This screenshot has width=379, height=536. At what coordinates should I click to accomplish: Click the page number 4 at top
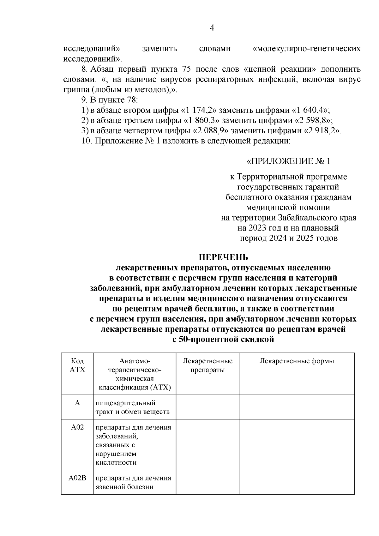pyautogui.click(x=212, y=28)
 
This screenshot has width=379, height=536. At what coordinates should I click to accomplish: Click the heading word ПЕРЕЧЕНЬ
pyautogui.click(x=223, y=257)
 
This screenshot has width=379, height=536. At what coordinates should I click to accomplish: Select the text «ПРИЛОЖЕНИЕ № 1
pyautogui.click(x=288, y=161)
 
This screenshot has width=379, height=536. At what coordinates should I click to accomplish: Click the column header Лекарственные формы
pyautogui.click(x=297, y=361)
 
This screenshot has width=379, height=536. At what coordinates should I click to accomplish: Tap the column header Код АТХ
pyautogui.click(x=77, y=365)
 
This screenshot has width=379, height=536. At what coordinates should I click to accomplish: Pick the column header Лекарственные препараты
pyautogui.click(x=208, y=365)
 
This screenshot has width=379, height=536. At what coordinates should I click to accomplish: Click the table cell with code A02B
pyautogui.click(x=77, y=478)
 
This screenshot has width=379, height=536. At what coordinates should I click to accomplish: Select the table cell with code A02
pyautogui.click(x=77, y=427)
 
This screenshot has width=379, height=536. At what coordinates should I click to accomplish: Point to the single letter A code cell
pyautogui.click(x=77, y=403)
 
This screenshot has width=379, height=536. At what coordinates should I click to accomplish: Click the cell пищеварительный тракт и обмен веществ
pyautogui.click(x=133, y=407)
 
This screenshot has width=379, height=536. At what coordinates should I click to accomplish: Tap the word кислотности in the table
pyautogui.click(x=116, y=463)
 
